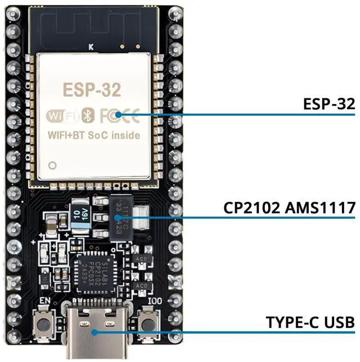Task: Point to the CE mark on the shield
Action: tap(130, 116)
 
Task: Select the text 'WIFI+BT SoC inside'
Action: tap(94, 135)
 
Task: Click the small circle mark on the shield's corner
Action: tap(53, 166)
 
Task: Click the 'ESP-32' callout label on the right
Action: tap(328, 104)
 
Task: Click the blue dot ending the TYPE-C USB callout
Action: tap(94, 332)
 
